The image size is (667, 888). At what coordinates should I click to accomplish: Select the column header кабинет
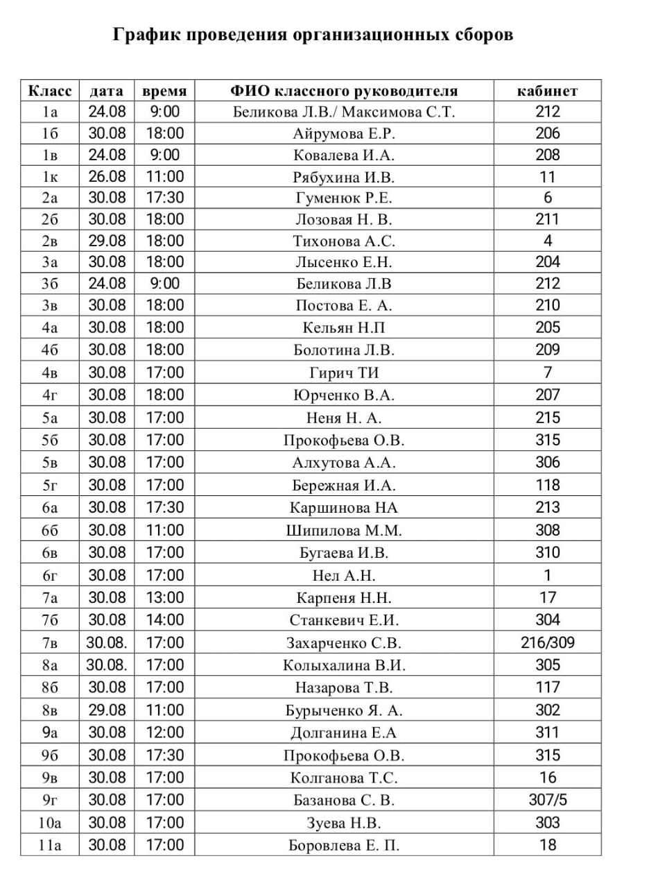click(547, 91)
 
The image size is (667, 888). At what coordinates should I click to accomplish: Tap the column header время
click(164, 91)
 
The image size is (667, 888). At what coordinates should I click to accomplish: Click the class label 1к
click(50, 177)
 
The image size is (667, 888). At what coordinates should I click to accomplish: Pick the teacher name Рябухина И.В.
click(344, 177)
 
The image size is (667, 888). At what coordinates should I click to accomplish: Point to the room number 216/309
click(547, 642)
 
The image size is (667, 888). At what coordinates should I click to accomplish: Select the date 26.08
click(107, 177)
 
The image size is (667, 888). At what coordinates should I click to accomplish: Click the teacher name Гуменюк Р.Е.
click(344, 198)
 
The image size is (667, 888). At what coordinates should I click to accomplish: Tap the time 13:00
click(164, 597)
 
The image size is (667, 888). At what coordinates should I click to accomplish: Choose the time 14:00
click(164, 620)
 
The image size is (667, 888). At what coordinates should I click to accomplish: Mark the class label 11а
click(50, 845)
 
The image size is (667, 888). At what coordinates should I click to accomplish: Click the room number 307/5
click(547, 800)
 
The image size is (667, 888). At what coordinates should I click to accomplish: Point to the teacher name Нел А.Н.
click(344, 575)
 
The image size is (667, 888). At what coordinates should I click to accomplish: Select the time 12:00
click(164, 733)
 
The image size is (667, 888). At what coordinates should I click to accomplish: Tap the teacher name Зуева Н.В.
click(344, 823)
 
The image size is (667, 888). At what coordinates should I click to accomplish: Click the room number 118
click(547, 485)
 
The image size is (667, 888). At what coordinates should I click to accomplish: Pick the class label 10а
click(50, 823)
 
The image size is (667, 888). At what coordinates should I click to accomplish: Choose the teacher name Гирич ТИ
click(344, 373)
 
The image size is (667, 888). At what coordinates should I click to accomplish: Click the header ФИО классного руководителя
click(344, 91)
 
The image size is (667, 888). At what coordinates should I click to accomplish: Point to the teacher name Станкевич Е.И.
click(344, 620)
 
